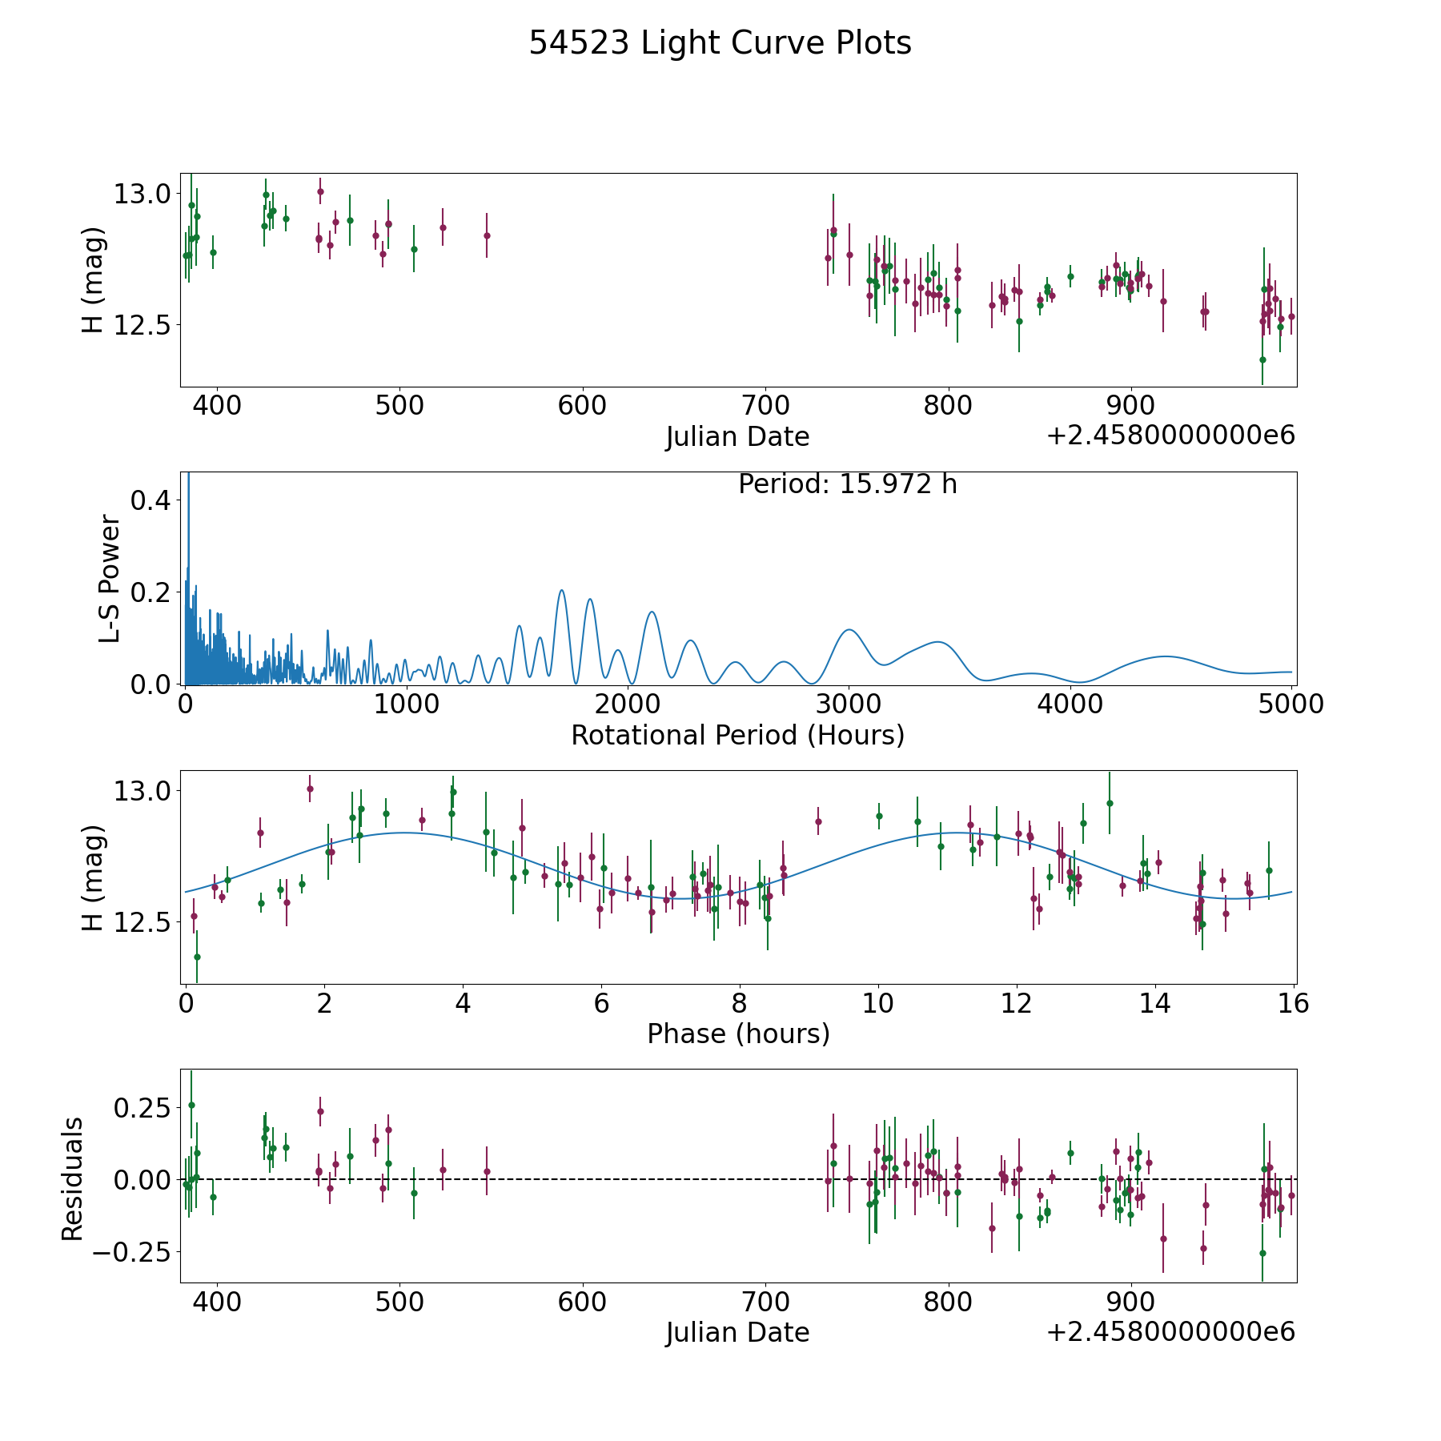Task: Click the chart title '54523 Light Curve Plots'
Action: coord(720,43)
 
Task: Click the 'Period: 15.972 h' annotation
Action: coord(847,484)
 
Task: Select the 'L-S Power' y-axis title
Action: coord(110,579)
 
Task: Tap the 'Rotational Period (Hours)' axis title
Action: coord(737,735)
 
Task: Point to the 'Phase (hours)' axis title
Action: coord(737,1034)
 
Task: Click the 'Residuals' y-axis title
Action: coord(73,1178)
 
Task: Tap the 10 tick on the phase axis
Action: coord(878,1003)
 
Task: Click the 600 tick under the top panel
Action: coord(582,405)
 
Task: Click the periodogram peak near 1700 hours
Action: coord(561,591)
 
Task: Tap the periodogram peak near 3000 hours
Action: coord(849,630)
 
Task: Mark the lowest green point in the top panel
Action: coord(1262,359)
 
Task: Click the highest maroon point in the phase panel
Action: coord(310,789)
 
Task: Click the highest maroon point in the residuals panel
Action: coord(320,1111)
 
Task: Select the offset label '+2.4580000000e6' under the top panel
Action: coord(1170,436)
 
